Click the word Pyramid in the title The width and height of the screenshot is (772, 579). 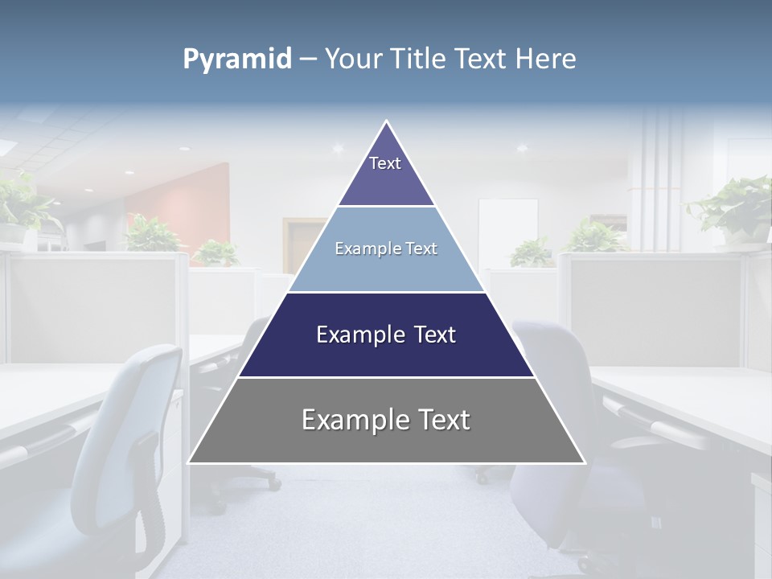click(x=237, y=60)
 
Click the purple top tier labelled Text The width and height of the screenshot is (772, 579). click(x=385, y=173)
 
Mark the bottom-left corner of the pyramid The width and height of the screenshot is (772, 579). click(x=191, y=462)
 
